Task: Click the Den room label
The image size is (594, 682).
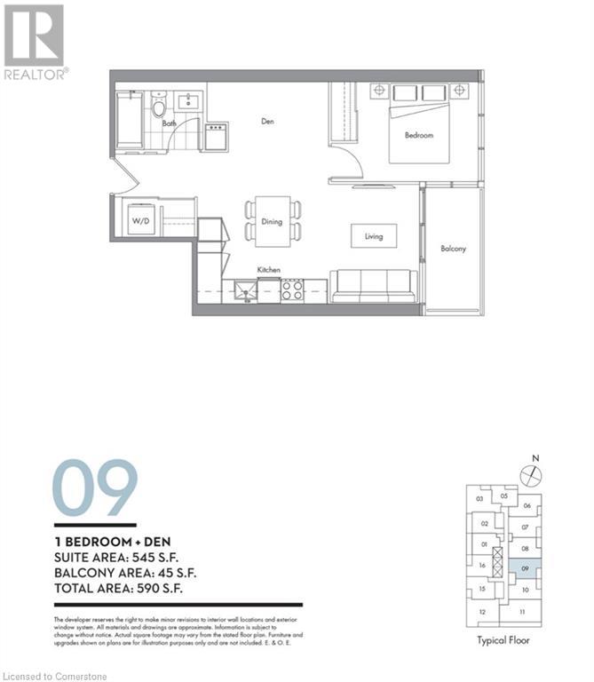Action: coord(266,121)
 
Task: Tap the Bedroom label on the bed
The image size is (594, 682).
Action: coord(419,135)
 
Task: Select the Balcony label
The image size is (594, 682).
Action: coord(453,249)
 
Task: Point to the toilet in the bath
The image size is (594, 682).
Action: coord(159,107)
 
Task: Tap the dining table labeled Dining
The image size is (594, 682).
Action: coord(272,221)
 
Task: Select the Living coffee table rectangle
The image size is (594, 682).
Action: coord(373,236)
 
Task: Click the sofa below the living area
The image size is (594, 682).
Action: coord(373,285)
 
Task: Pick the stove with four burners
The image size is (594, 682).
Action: coord(293,289)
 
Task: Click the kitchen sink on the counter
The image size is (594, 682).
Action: coord(245,289)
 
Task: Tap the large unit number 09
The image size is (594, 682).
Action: coord(95,488)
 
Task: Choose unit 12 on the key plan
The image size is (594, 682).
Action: coord(482,612)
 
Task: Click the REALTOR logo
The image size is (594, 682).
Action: coord(36,42)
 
